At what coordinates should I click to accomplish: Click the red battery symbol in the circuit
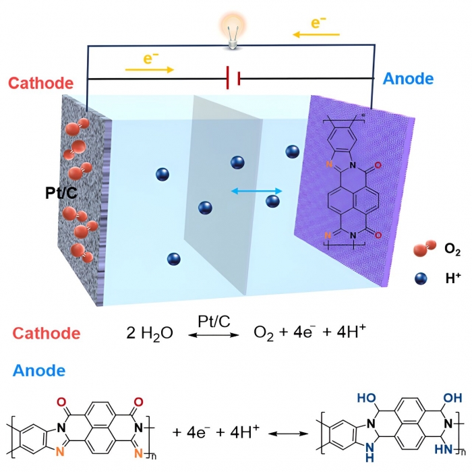[x=233, y=78]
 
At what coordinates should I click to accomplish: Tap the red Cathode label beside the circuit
[x=40, y=83]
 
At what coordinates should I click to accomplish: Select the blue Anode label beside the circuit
[x=408, y=79]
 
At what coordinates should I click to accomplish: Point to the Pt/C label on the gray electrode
[x=61, y=193]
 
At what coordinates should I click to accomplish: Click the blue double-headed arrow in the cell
[x=256, y=191]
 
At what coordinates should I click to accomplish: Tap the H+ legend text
[x=453, y=278]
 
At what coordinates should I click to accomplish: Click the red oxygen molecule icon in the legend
[x=425, y=248]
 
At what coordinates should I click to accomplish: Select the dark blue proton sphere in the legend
[x=421, y=278]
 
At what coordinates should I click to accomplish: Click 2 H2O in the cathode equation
[x=150, y=333]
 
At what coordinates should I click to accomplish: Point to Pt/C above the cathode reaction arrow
[x=214, y=322]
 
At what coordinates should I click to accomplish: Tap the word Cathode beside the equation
[x=47, y=333]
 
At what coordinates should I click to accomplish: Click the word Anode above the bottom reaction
[x=39, y=370]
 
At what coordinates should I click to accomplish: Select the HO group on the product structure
[x=366, y=398]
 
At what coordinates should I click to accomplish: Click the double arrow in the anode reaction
[x=288, y=434]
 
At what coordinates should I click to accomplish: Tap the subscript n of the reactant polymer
[x=153, y=456]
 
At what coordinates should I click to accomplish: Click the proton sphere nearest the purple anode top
[x=292, y=152]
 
